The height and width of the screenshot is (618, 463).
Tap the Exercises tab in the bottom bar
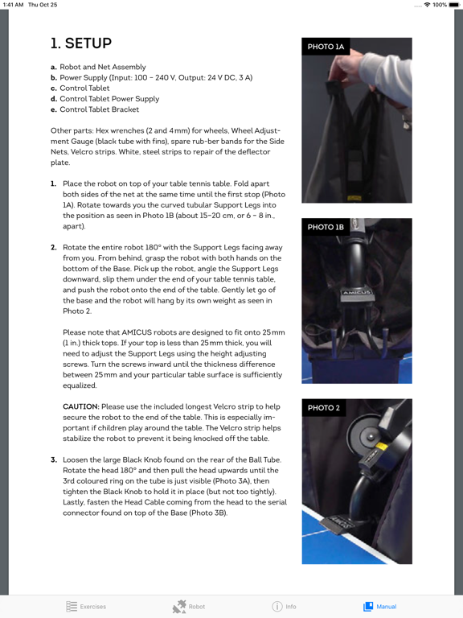(86, 606)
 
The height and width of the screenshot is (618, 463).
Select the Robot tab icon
(189, 606)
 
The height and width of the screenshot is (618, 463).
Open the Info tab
(284, 606)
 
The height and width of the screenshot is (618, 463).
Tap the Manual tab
(379, 606)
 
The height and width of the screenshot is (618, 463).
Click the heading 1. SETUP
(81, 43)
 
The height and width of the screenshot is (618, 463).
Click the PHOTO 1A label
(326, 47)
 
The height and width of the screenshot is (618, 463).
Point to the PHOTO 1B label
(326, 228)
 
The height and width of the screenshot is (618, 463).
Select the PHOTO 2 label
(324, 408)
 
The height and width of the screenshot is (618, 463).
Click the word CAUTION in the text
(81, 407)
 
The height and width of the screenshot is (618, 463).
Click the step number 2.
(54, 247)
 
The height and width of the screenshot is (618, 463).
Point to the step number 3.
(54, 460)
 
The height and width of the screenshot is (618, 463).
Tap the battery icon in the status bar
(454, 5)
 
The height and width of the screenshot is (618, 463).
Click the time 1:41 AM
(14, 5)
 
